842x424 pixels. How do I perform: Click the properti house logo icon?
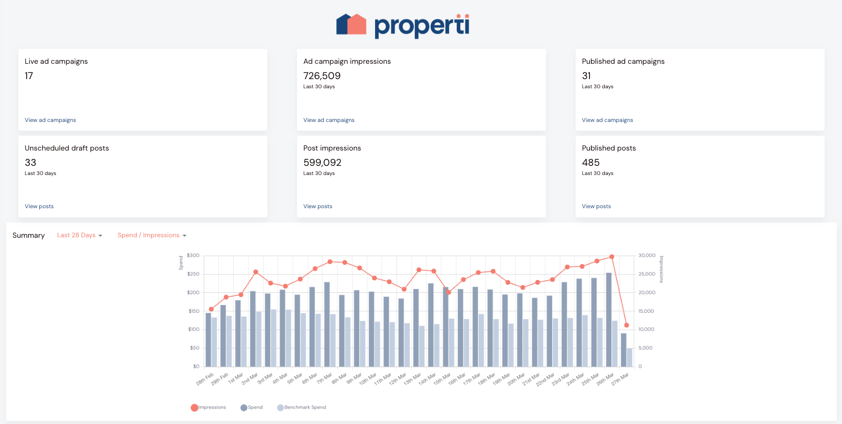(x=351, y=24)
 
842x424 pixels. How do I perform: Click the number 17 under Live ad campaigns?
(x=29, y=76)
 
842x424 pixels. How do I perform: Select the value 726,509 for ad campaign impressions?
(x=321, y=76)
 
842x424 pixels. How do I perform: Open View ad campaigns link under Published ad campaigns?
(x=607, y=120)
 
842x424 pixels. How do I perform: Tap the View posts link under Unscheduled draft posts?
(x=39, y=207)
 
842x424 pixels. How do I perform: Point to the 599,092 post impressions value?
(x=322, y=163)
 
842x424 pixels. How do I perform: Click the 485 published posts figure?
(x=590, y=163)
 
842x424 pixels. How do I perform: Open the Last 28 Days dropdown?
(x=80, y=235)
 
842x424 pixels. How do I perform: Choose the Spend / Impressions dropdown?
(x=152, y=235)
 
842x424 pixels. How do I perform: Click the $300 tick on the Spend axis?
(x=193, y=256)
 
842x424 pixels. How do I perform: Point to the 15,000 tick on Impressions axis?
(x=646, y=311)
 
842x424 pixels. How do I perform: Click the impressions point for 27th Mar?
(x=626, y=325)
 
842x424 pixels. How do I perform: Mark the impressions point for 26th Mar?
(x=612, y=257)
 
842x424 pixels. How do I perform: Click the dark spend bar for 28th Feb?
(x=208, y=340)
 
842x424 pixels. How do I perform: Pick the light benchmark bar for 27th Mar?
(x=630, y=357)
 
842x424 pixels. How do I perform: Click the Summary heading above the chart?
(x=29, y=235)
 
